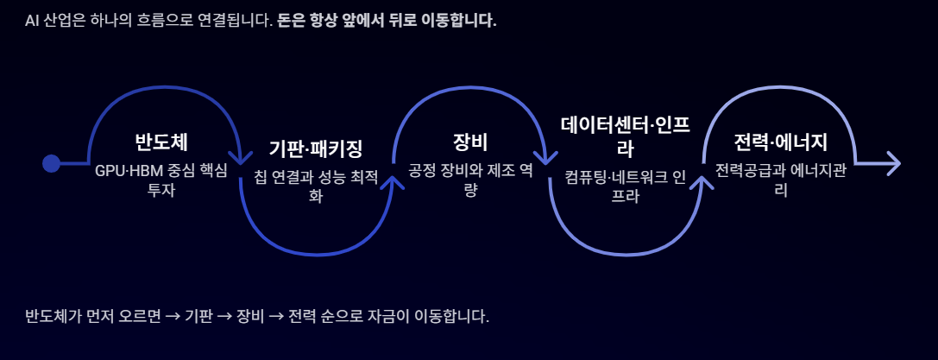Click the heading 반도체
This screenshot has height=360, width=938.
point(161,142)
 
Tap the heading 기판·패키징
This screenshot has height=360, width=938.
point(316,148)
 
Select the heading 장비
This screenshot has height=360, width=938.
point(470,142)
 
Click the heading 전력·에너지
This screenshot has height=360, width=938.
point(780,142)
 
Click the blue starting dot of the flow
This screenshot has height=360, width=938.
point(52,163)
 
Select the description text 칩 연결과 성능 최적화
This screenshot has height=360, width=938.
point(316,186)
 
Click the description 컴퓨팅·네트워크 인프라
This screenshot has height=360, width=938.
point(626,186)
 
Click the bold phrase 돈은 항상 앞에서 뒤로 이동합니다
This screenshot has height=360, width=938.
point(387,21)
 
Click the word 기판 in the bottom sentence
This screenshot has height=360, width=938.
point(198,316)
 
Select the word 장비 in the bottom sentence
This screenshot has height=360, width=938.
point(251,316)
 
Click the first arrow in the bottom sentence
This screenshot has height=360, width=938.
point(173,316)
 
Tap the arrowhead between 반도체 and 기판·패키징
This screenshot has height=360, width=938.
point(239,157)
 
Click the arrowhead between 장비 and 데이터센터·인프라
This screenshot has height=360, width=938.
point(547,157)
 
